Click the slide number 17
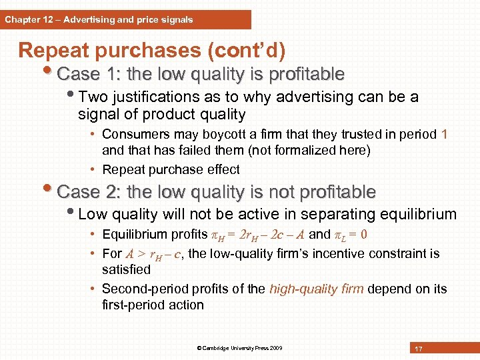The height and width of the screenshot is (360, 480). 419,349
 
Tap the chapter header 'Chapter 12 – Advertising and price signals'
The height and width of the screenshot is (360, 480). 99,19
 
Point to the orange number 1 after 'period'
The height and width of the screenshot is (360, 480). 444,134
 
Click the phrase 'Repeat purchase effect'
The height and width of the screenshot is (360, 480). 171,169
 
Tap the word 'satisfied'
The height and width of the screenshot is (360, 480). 127,270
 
